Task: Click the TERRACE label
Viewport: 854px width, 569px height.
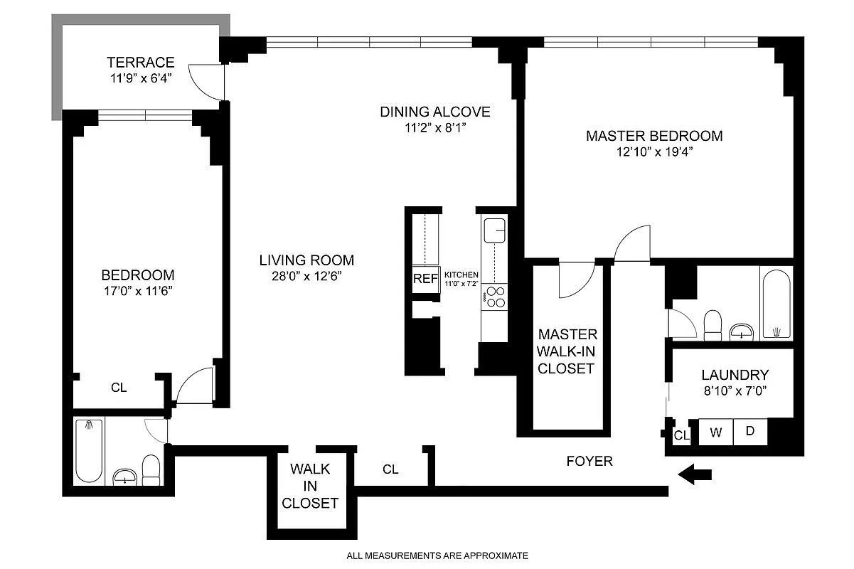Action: (x=141, y=62)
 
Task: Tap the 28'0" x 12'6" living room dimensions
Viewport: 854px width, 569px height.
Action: (x=306, y=276)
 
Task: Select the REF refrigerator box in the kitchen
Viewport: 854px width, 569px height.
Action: (x=426, y=279)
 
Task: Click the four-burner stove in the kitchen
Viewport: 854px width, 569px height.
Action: (x=494, y=297)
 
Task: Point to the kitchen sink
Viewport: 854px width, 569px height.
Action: (x=495, y=230)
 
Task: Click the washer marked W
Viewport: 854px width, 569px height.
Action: (x=715, y=432)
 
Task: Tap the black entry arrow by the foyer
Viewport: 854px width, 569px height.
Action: (x=695, y=475)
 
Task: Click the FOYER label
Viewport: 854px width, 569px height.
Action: (x=589, y=461)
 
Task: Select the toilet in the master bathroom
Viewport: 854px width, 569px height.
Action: (x=712, y=325)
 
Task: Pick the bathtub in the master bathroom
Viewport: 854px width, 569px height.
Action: (x=776, y=304)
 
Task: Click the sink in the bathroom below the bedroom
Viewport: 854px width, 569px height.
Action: (x=124, y=477)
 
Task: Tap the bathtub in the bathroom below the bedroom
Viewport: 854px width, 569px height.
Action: (x=89, y=450)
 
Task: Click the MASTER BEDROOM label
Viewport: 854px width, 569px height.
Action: (x=654, y=136)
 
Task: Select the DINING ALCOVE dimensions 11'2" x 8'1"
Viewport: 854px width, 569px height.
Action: (x=435, y=128)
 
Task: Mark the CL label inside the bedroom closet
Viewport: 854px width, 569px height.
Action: (x=119, y=388)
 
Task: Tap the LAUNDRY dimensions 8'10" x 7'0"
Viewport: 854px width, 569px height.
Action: (x=735, y=391)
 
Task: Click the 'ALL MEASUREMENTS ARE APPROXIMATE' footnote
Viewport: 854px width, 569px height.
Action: (x=437, y=555)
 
